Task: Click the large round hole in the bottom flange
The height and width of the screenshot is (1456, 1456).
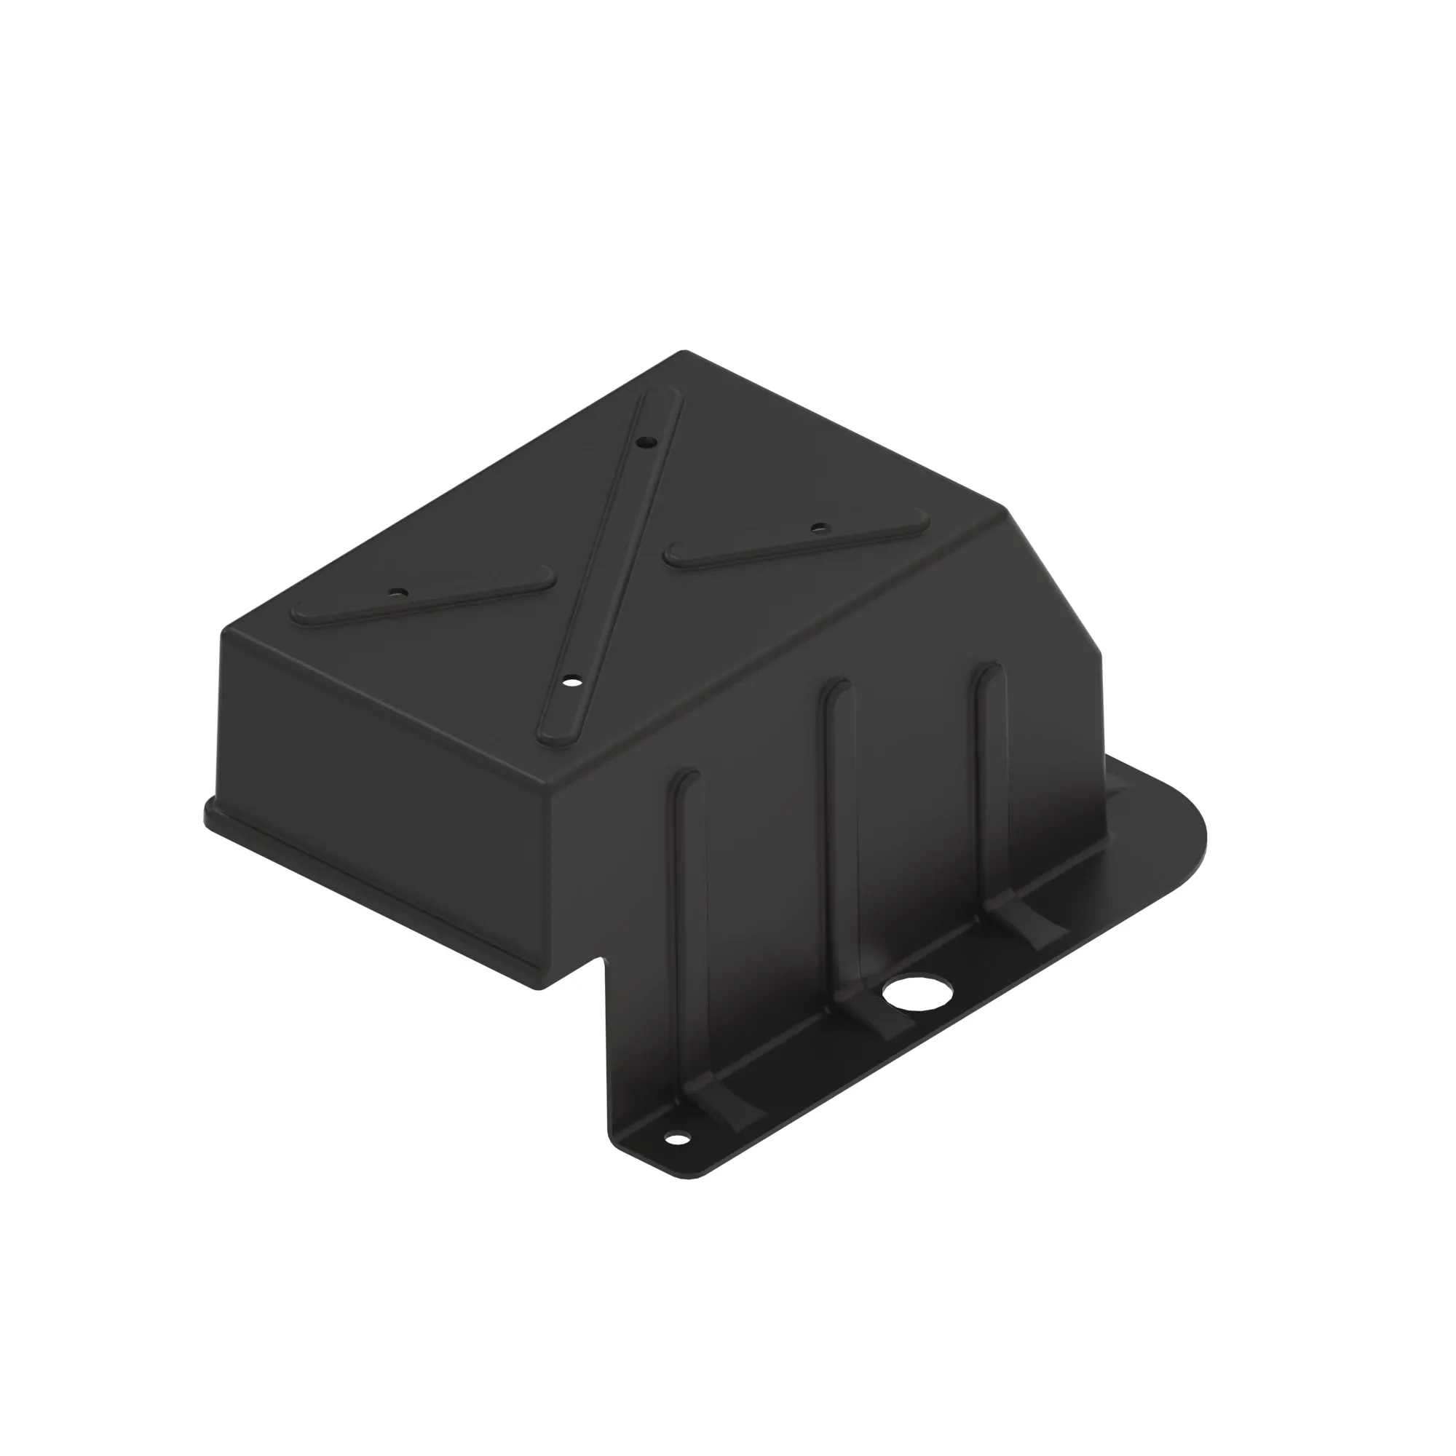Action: click(918, 994)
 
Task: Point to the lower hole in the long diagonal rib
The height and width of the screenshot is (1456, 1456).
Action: click(572, 683)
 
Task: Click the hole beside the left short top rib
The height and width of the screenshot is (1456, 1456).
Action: click(402, 593)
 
